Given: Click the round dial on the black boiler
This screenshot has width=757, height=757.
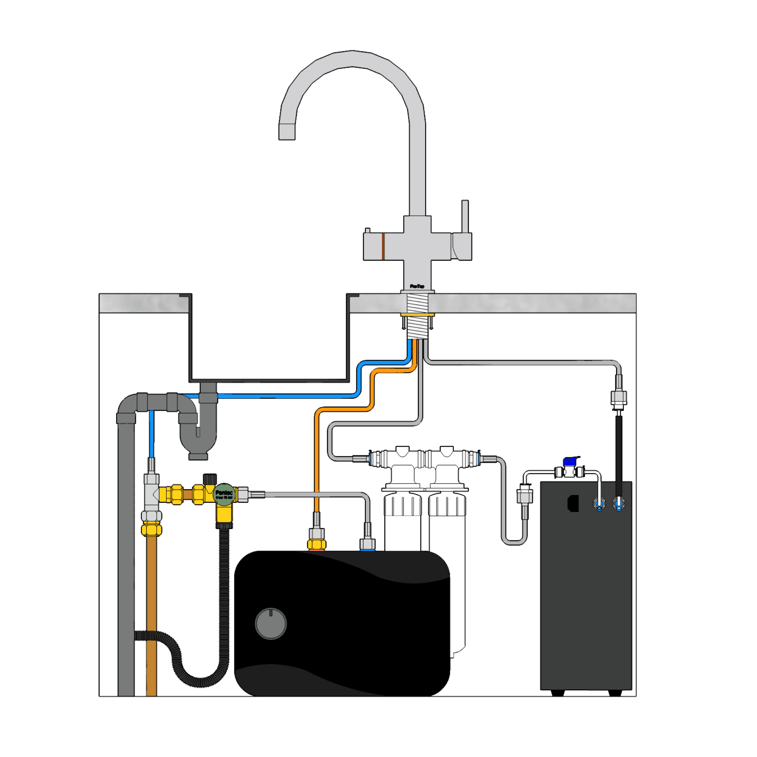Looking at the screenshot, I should point(271,624).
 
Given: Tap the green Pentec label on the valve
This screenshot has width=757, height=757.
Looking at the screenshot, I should point(224,494).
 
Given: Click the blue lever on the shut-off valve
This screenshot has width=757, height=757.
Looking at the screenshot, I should point(571,461).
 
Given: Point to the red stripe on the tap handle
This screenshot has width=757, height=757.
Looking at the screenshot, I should point(383,246).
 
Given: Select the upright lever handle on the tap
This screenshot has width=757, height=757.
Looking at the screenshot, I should point(465,216).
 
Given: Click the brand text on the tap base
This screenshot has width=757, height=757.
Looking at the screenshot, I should point(417,286).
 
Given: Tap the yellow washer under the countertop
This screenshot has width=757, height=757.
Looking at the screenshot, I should point(417,315).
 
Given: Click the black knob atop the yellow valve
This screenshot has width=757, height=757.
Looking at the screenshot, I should point(210,479).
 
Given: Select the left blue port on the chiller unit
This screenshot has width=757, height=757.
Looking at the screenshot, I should point(599,503).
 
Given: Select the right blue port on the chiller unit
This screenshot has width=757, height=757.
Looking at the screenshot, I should point(619,503).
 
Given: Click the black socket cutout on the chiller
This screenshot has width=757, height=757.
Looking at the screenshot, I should point(573,503).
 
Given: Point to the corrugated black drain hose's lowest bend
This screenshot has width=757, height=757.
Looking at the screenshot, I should point(200,682).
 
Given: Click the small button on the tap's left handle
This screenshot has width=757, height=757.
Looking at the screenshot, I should point(367,230).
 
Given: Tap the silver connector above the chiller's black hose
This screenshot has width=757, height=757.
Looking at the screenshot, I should point(619,398).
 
